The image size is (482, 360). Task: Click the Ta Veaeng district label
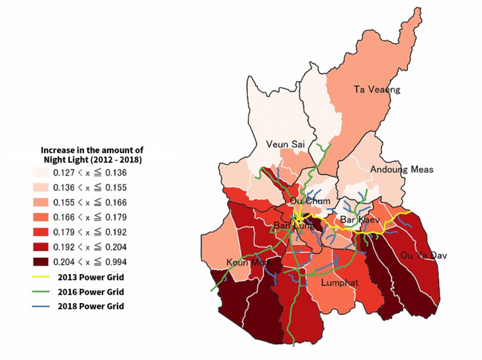(377, 90)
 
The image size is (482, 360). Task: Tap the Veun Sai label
(286, 144)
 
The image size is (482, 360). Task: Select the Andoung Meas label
(402, 169)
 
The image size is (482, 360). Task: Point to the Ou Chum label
(310, 201)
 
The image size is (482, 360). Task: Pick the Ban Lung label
(294, 226)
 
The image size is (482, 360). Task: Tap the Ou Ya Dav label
(424, 255)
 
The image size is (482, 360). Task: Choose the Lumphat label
(340, 282)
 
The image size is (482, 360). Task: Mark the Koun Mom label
(249, 262)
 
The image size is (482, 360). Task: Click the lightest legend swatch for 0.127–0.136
(41, 172)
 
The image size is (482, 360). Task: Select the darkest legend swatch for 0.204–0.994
(41, 262)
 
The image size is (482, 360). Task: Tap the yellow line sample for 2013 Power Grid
(41, 277)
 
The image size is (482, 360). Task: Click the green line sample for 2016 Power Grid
(41, 292)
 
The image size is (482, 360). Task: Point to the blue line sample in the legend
(41, 306)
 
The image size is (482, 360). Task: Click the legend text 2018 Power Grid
(91, 306)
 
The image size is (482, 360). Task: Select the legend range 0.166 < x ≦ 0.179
(90, 217)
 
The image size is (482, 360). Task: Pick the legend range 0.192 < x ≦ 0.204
(90, 247)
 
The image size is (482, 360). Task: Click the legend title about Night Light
(92, 155)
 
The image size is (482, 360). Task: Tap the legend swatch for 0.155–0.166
(41, 202)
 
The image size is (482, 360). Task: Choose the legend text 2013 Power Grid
(91, 277)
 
